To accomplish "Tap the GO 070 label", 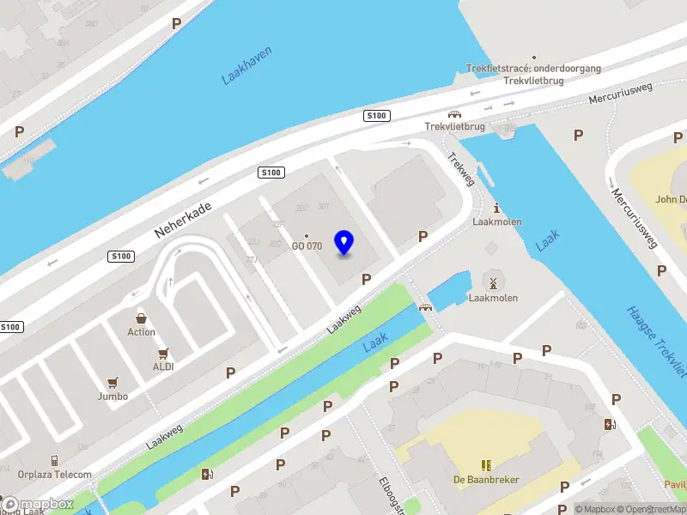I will (x=307, y=246).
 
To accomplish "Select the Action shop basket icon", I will (x=142, y=318).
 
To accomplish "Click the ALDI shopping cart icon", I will (x=163, y=353).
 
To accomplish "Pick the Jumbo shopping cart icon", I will (x=112, y=383).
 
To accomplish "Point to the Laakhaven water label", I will (x=246, y=65).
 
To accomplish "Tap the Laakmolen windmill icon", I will (x=492, y=282).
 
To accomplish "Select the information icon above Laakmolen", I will (x=496, y=207).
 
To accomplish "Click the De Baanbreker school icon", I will (x=487, y=465).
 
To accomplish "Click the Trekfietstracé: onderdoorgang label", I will (x=533, y=68).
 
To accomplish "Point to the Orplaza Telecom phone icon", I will (x=54, y=460).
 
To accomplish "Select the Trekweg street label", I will (x=460, y=169).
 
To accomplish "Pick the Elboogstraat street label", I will (x=392, y=496).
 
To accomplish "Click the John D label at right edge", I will (x=671, y=199).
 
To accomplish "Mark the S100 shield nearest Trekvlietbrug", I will (x=375, y=116).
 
